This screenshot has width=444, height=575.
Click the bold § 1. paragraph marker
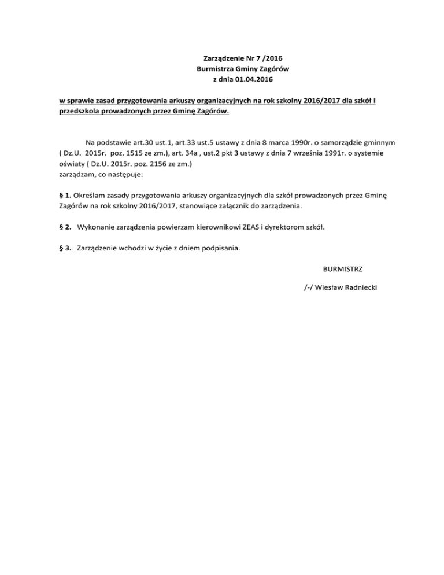66,195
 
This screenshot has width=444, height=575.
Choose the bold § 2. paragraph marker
66,227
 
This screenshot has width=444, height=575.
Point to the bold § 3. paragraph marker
66,249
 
